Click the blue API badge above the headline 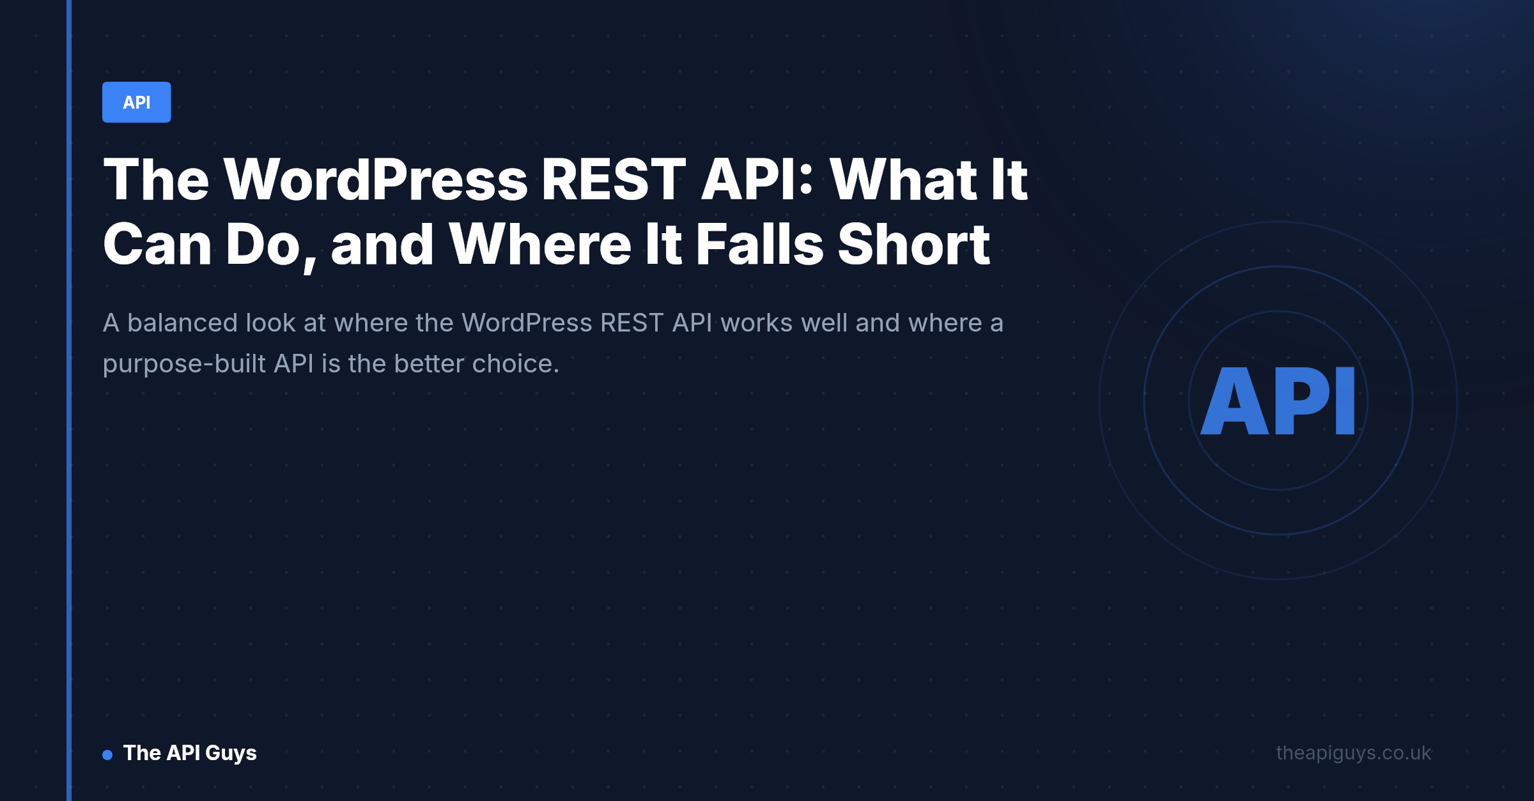pyautogui.click(x=136, y=102)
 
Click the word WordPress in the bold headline pyautogui.click(x=376, y=180)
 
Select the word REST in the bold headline pyautogui.click(x=614, y=180)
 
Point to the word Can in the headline pyautogui.click(x=157, y=245)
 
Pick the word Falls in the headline pyautogui.click(x=759, y=245)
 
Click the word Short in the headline pyautogui.click(x=914, y=245)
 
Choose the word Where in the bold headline pyautogui.click(x=540, y=245)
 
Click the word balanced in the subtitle pyautogui.click(x=183, y=323)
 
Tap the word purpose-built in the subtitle pyautogui.click(x=184, y=365)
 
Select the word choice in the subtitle pyautogui.click(x=516, y=364)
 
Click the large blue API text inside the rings pyautogui.click(x=1278, y=401)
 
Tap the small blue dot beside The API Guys pyautogui.click(x=107, y=755)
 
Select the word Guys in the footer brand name pyautogui.click(x=231, y=754)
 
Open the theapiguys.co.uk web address pyautogui.click(x=1354, y=753)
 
